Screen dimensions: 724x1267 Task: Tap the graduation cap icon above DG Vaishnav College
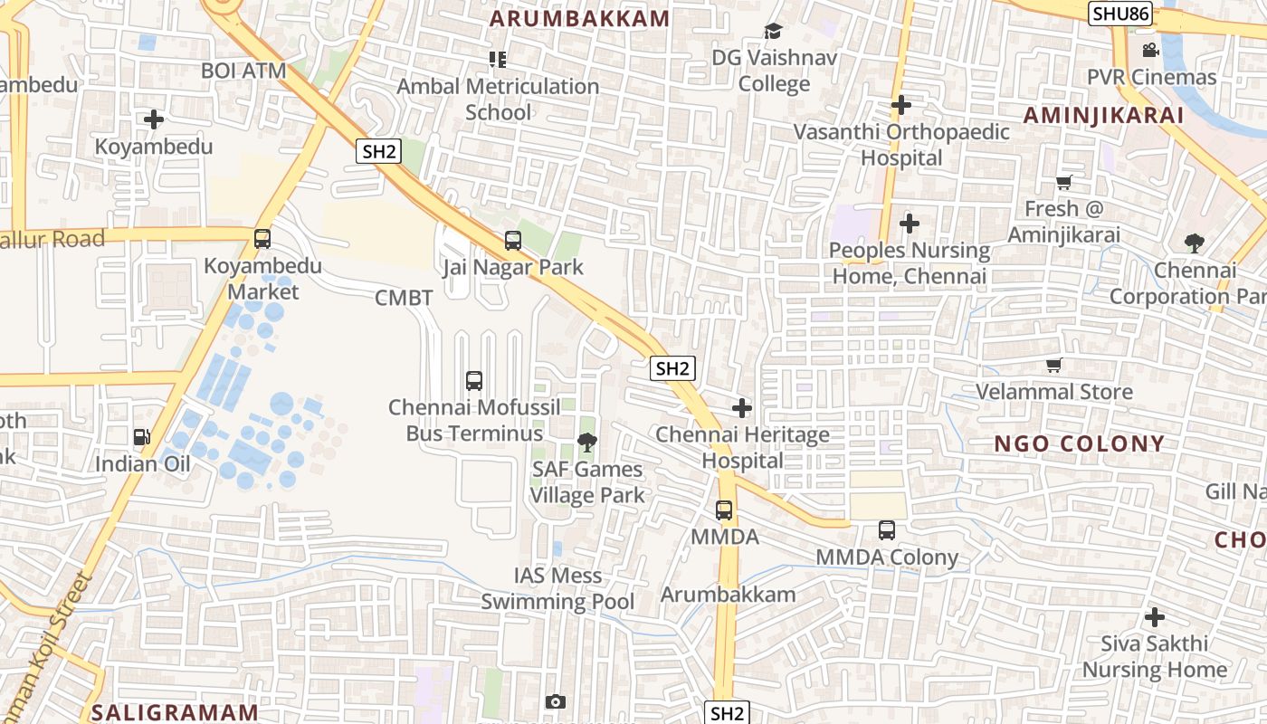(773, 32)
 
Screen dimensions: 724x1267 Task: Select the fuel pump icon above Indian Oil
(142, 438)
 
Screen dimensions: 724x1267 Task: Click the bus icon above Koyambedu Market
(262, 239)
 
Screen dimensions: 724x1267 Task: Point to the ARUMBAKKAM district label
(580, 18)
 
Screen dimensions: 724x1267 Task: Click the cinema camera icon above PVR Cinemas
(1150, 50)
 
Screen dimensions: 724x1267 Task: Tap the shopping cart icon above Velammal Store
(1053, 366)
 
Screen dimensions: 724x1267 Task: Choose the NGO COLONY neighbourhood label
(1079, 443)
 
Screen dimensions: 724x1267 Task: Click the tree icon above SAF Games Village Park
(586, 443)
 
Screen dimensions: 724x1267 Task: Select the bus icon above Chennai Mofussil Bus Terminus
(474, 381)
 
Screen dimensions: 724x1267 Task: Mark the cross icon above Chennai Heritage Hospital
(742, 408)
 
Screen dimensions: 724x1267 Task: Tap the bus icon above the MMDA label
(724, 510)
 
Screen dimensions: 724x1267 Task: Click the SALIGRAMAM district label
(176, 711)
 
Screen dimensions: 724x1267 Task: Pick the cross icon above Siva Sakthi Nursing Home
(1154, 617)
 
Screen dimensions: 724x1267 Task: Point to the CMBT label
(404, 298)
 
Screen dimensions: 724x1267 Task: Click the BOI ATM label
(243, 71)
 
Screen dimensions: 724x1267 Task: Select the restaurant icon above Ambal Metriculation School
(497, 60)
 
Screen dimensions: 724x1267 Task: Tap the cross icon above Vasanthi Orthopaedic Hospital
(900, 105)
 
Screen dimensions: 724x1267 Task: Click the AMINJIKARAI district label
(1103, 115)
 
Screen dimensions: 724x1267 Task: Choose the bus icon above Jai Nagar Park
(513, 241)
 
